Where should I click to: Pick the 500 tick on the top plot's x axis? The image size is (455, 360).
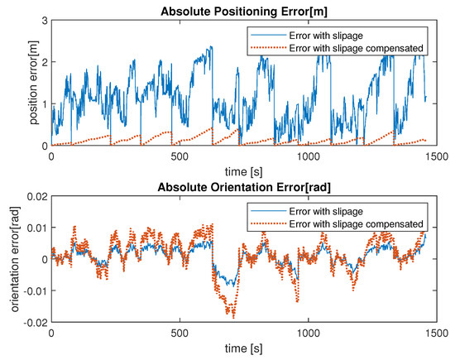coord(180,156)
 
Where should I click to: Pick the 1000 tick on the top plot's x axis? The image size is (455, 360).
coord(308,156)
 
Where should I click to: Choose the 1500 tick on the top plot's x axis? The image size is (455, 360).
coord(436,156)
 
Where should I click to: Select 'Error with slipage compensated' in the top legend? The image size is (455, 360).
coord(358,47)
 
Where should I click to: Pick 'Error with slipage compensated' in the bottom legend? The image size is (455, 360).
coord(358,223)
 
